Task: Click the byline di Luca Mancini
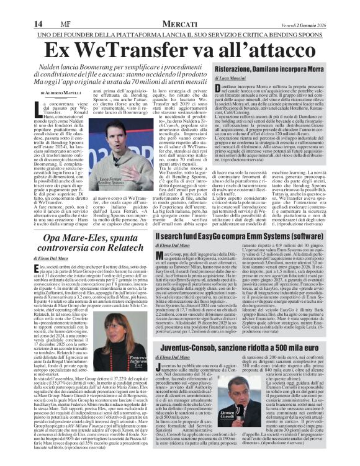tap(230, 81)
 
